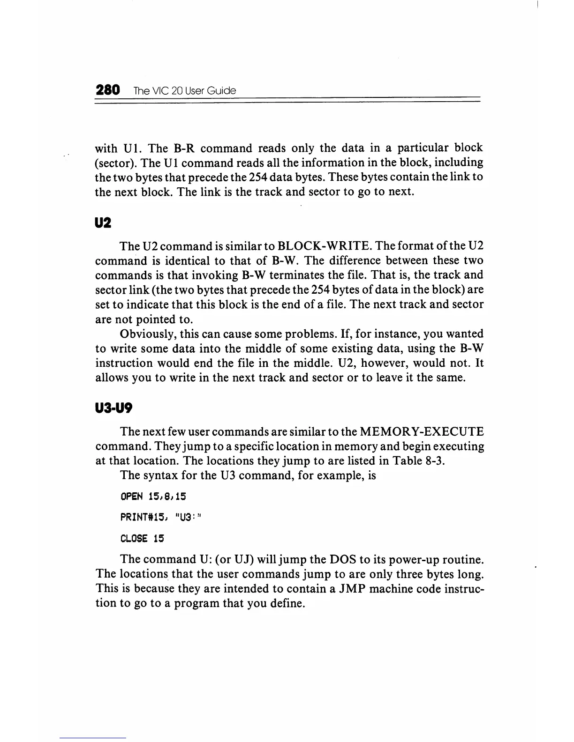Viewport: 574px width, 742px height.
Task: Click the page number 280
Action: (108, 89)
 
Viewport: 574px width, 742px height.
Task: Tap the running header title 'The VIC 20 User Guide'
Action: (184, 90)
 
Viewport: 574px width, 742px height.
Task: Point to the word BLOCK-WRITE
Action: (320, 246)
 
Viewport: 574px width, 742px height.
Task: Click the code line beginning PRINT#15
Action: (161, 517)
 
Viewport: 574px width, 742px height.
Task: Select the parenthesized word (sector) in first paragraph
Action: (115, 163)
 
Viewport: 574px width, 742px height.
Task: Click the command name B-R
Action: (184, 148)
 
